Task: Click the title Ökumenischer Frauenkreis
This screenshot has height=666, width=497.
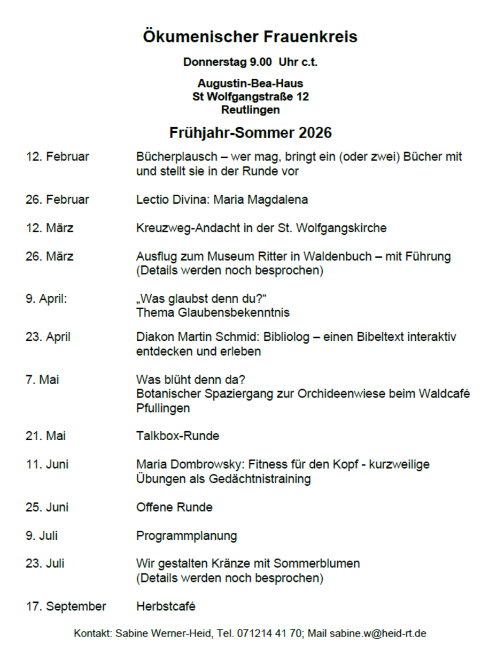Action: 250,37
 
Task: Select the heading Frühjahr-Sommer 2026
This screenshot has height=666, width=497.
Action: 250,132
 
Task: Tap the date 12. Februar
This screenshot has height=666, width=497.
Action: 57,157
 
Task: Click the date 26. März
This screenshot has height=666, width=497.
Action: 49,256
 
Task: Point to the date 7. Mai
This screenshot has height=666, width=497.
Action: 42,380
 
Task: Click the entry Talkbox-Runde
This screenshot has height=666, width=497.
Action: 177,436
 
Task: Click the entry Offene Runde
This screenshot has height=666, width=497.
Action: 174,507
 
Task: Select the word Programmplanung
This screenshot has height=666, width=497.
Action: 187,535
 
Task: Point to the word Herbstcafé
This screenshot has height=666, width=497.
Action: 166,606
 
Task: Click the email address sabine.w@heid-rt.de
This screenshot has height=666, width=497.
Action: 377,634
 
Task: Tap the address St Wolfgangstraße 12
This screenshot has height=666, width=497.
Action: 250,97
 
